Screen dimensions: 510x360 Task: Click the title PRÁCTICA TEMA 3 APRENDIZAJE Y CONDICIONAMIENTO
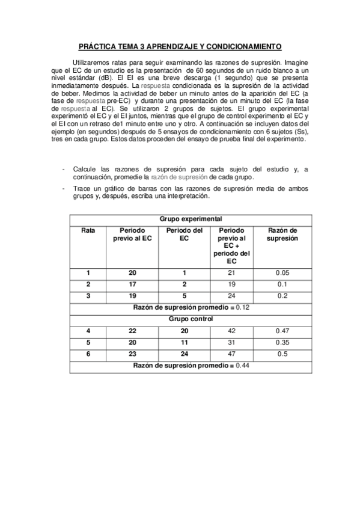click(180, 46)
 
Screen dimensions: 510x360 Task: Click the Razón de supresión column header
click(282, 234)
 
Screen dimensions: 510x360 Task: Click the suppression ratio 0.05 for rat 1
click(282, 273)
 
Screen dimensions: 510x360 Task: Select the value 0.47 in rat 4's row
click(282, 331)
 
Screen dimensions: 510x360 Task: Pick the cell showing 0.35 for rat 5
click(282, 342)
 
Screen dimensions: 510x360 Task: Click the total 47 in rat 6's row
click(231, 354)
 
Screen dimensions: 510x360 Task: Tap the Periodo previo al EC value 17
click(132, 284)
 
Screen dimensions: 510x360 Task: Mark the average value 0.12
click(243, 307)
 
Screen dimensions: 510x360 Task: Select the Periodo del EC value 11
click(185, 342)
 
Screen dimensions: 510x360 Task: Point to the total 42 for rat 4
click(231, 331)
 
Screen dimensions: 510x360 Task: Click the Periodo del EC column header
click(185, 234)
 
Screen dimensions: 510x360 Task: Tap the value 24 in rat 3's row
click(231, 296)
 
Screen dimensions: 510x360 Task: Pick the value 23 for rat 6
click(132, 354)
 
